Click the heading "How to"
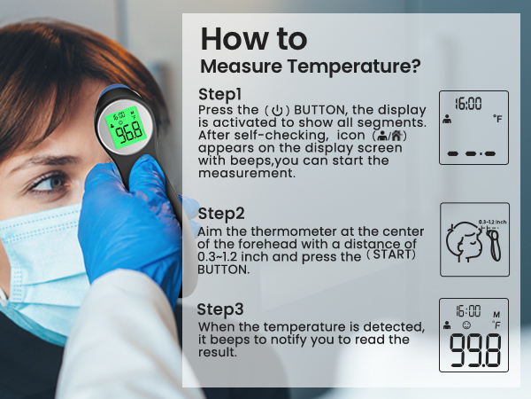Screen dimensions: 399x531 click(x=254, y=39)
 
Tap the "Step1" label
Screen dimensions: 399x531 click(x=220, y=94)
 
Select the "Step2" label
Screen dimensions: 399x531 click(x=222, y=214)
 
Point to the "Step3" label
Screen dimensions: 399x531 click(x=220, y=309)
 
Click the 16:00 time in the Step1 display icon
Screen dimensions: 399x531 click(x=468, y=104)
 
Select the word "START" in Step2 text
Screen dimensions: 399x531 click(x=391, y=256)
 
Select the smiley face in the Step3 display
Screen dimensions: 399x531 click(x=465, y=325)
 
